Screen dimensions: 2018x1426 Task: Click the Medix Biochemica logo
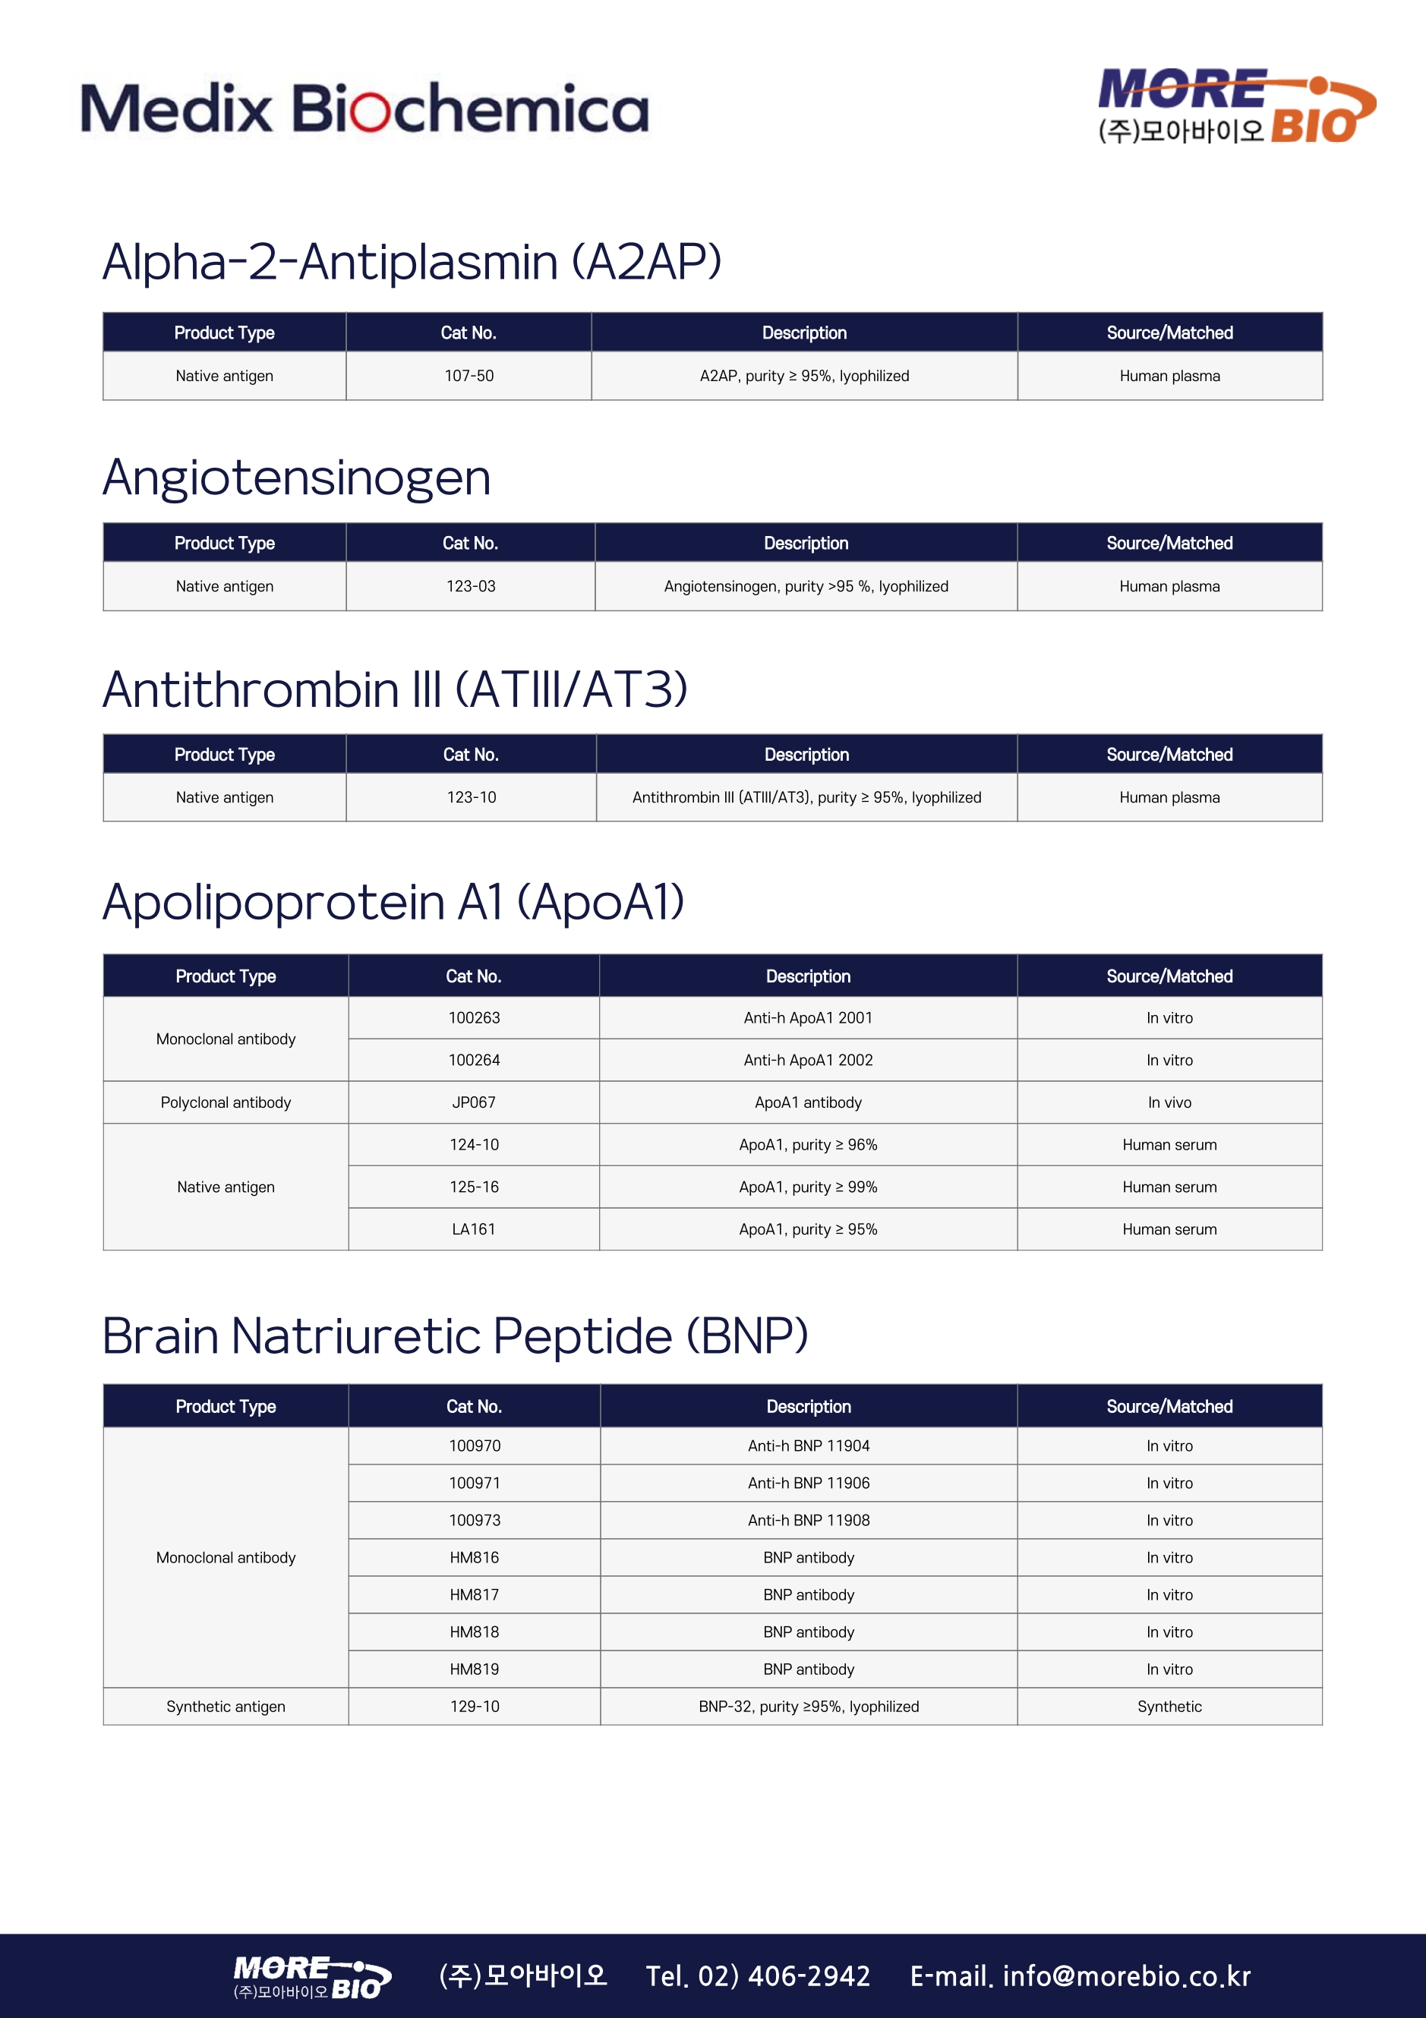pyautogui.click(x=364, y=109)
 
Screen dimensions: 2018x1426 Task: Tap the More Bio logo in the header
pyautogui.click(x=1235, y=107)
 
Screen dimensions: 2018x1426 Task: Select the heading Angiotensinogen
pyautogui.click(x=296, y=478)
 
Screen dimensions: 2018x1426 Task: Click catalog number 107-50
pyautogui.click(x=468, y=376)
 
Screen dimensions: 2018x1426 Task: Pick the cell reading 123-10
pyautogui.click(x=472, y=797)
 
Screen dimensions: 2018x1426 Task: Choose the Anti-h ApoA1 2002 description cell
pyautogui.click(x=808, y=1060)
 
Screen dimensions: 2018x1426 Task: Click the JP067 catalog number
pyautogui.click(x=474, y=1102)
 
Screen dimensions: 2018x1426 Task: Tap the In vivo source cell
pyautogui.click(x=1169, y=1102)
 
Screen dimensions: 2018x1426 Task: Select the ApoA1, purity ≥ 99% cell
pyautogui.click(x=808, y=1187)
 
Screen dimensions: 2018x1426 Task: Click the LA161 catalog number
pyautogui.click(x=474, y=1228)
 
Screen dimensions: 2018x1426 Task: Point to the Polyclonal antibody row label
pyautogui.click(x=226, y=1102)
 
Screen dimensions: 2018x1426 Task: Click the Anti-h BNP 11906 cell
pyautogui.click(x=809, y=1483)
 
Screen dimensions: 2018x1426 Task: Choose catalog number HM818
pyautogui.click(x=475, y=1632)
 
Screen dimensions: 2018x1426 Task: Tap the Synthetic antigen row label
pyautogui.click(x=226, y=1706)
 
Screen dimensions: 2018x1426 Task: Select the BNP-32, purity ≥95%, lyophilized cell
pyautogui.click(x=809, y=1706)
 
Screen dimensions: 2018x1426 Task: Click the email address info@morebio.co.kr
pyautogui.click(x=1126, y=1975)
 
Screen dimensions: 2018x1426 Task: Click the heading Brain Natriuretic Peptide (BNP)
pyautogui.click(x=455, y=1336)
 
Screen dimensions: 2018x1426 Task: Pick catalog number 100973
pyautogui.click(x=475, y=1520)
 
